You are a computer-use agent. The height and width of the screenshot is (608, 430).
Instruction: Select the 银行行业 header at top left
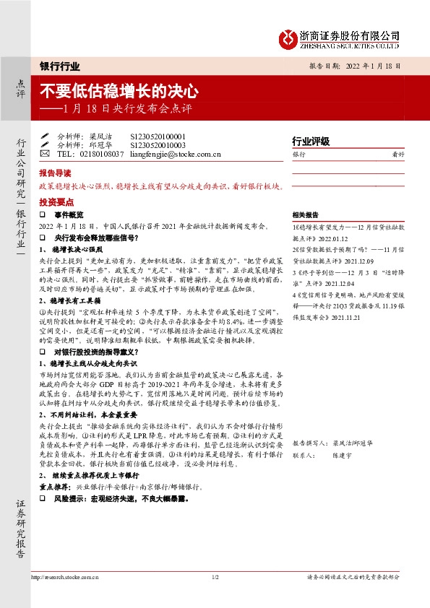point(59,66)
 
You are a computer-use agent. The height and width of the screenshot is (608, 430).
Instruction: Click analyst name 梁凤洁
point(101,136)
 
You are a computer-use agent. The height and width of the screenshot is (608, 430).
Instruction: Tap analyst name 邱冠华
point(101,144)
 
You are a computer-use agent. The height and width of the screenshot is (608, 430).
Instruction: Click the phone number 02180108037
point(100,154)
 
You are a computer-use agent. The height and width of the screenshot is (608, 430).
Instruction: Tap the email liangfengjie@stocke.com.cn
point(179,154)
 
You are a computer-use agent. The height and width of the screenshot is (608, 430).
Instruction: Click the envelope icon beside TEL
point(45,154)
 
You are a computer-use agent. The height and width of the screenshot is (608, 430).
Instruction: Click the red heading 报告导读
point(55,174)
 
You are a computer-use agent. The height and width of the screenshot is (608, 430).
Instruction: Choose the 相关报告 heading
point(305,215)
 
